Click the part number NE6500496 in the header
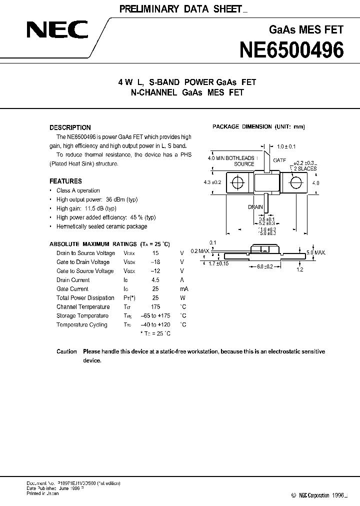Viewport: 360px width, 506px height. click(x=292, y=50)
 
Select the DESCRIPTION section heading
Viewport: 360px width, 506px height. click(x=70, y=127)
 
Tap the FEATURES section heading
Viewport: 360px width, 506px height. click(x=65, y=181)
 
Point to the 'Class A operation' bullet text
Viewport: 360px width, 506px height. click(x=78, y=190)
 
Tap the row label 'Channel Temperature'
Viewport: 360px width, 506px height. click(x=83, y=307)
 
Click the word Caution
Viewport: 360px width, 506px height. click(x=66, y=351)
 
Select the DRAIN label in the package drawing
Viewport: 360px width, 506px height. click(x=255, y=206)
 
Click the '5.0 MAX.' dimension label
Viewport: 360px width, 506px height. click(x=316, y=253)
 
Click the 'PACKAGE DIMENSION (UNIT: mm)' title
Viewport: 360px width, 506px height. click(x=258, y=126)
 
